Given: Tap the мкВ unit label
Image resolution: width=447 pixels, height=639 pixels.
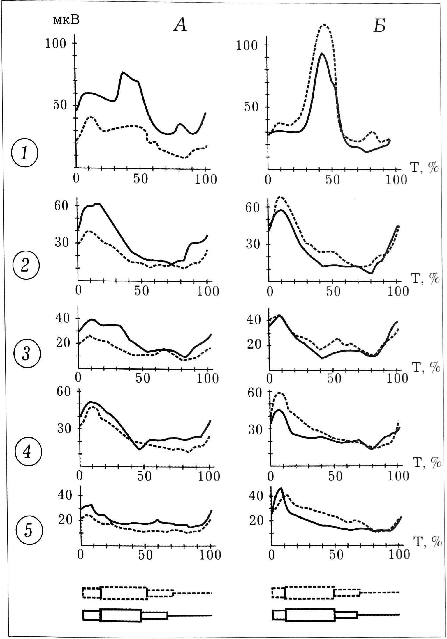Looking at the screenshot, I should click(x=66, y=20).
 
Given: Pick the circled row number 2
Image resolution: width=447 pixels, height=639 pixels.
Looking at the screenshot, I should click(x=25, y=265).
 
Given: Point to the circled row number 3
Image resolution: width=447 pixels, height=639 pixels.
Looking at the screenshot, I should click(x=26, y=354).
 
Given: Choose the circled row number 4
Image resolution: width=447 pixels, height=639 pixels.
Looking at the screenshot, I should click(x=27, y=453).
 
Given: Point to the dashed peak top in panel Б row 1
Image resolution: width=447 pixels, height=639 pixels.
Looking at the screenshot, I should click(x=324, y=25).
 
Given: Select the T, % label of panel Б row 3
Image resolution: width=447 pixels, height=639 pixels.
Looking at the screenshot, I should click(x=427, y=368).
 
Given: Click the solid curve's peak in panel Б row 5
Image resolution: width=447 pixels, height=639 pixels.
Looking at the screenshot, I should click(x=281, y=488).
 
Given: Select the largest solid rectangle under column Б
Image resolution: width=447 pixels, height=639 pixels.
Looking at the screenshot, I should click(x=310, y=615).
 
